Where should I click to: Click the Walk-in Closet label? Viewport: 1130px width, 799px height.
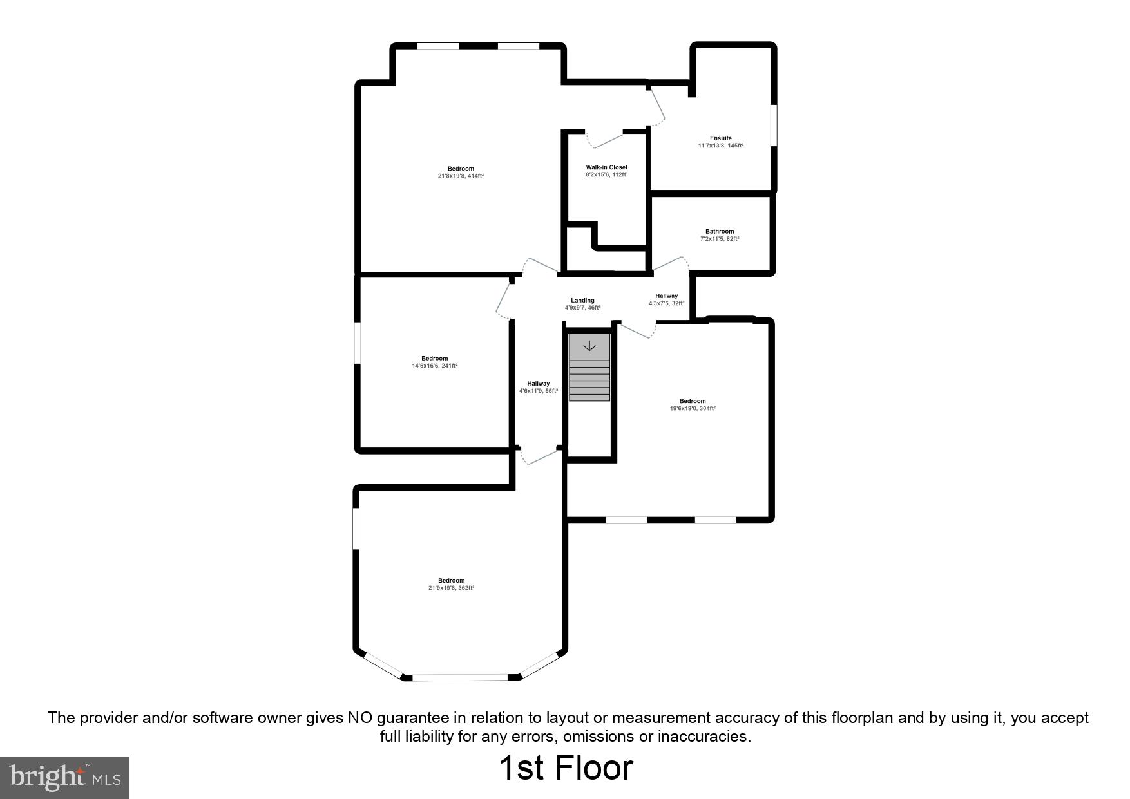pyautogui.click(x=606, y=167)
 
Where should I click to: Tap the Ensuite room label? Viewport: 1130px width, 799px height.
pyautogui.click(x=720, y=138)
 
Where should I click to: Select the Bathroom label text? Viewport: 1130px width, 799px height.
pyautogui.click(x=719, y=232)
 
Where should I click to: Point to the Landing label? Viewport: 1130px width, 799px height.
pyautogui.click(x=582, y=301)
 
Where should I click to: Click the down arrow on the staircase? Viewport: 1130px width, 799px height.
pyautogui.click(x=589, y=346)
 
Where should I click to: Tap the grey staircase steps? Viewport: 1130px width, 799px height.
pyautogui.click(x=589, y=380)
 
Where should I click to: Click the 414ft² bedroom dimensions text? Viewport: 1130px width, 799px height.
pyautogui.click(x=461, y=176)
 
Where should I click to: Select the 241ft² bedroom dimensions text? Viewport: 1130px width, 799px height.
pyautogui.click(x=434, y=366)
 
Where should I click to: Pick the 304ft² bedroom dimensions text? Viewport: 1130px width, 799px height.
pyautogui.click(x=692, y=408)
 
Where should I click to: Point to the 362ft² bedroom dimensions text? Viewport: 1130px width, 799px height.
pyautogui.click(x=451, y=588)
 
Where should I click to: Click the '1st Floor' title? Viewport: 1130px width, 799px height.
pyautogui.click(x=566, y=768)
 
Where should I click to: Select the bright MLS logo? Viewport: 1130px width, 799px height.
pyautogui.click(x=65, y=777)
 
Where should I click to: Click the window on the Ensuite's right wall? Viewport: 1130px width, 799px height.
pyautogui.click(x=773, y=125)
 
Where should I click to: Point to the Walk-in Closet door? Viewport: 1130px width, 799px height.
pyautogui.click(x=606, y=139)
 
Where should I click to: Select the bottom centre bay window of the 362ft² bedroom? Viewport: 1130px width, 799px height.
pyautogui.click(x=460, y=677)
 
